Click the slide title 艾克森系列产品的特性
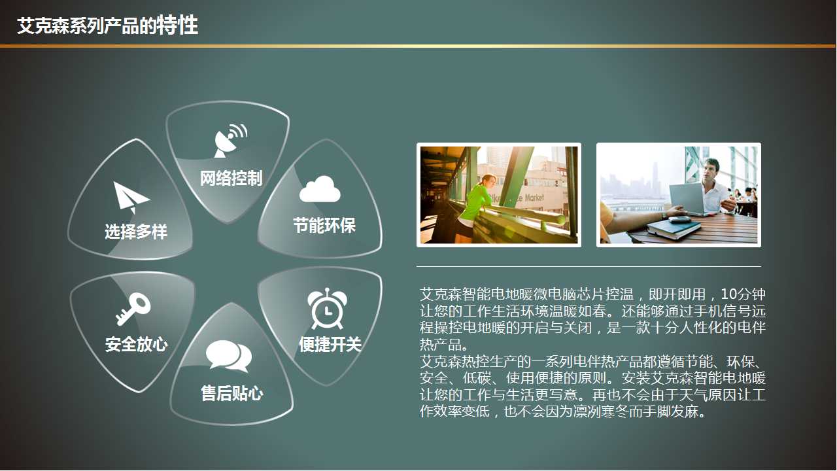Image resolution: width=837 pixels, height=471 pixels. pos(107,26)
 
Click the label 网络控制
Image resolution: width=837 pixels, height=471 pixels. pos(231,178)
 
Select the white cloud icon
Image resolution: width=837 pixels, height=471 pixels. pos(320,189)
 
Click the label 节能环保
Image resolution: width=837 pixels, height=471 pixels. pos(324,226)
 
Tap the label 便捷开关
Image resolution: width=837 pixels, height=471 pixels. pos(330,345)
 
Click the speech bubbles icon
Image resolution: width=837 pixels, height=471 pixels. pos(228,357)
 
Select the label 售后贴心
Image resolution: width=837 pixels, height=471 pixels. pos(231,393)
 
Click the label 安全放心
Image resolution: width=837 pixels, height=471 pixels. pos(136,345)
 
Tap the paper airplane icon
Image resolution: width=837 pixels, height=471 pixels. pos(131,197)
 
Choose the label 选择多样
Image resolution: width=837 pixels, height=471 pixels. pos(136,232)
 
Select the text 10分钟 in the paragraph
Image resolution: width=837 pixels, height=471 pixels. pos(743,294)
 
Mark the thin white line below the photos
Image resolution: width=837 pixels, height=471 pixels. pos(589,266)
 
